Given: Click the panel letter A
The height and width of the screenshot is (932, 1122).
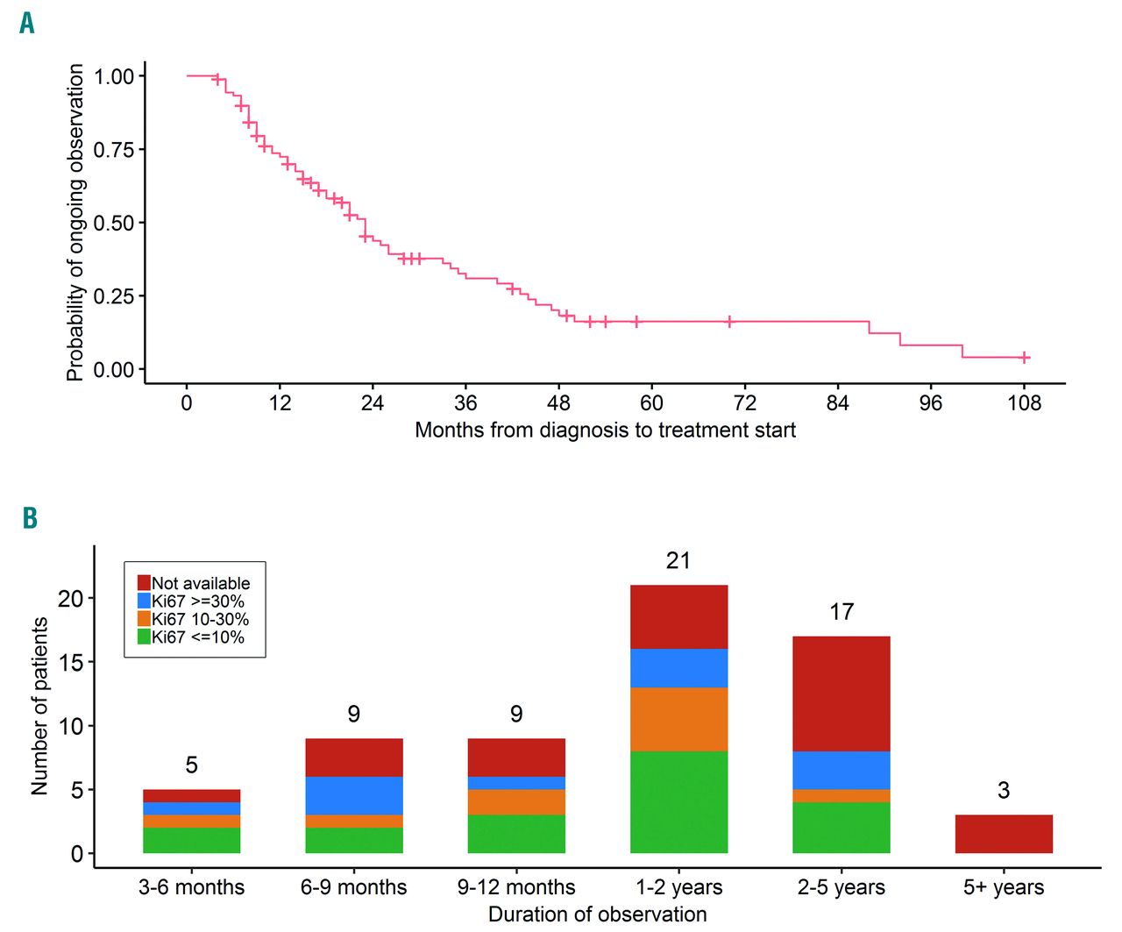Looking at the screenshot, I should click(27, 23).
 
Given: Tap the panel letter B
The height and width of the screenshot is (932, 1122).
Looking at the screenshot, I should click(30, 518).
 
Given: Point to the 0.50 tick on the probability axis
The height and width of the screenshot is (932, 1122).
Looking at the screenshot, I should click(114, 223).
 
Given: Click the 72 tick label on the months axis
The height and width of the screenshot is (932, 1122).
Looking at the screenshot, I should click(744, 402).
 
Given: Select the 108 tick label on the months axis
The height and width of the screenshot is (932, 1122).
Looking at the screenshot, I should click(1024, 402).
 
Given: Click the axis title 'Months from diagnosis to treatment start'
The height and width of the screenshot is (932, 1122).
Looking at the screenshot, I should click(605, 430).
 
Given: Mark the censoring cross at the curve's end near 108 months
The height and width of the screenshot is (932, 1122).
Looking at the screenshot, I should click(1024, 357).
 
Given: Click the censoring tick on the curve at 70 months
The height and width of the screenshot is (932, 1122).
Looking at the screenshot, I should click(729, 322).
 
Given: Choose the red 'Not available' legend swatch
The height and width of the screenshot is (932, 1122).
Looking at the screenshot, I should click(145, 583).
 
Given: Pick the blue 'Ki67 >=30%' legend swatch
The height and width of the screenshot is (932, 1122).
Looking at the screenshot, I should click(145, 601).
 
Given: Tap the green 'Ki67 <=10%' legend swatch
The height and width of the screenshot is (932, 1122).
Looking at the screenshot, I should click(145, 637).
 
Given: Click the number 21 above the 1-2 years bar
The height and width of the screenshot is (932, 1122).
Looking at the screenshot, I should click(678, 561).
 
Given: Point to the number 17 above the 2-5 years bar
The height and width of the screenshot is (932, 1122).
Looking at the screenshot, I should click(841, 612).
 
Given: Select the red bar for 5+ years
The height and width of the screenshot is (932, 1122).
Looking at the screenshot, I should click(1004, 834).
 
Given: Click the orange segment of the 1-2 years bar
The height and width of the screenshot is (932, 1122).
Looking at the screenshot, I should click(678, 719).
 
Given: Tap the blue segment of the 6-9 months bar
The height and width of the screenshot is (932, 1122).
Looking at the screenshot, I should click(353, 795).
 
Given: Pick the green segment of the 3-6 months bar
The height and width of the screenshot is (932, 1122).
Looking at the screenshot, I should click(191, 840).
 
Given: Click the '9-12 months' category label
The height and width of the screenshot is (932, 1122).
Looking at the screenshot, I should click(516, 887).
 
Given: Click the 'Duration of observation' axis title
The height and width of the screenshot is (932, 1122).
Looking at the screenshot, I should click(597, 914).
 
